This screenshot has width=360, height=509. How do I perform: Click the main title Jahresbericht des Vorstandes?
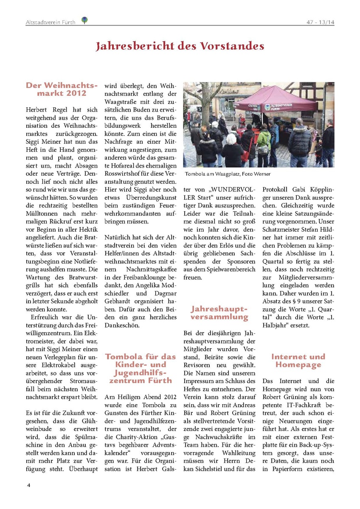pyautogui.click(x=180, y=46)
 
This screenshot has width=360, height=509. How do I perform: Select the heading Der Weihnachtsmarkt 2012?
pyautogui.click(x=62, y=89)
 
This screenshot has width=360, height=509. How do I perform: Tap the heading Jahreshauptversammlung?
pyautogui.click(x=219, y=313)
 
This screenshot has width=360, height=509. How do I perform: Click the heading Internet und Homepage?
pyautogui.click(x=298, y=361)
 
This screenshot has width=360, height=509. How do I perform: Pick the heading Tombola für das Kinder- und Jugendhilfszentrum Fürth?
pyautogui.click(x=141, y=368)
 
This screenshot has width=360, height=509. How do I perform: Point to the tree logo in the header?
pyautogui.click(x=85, y=20)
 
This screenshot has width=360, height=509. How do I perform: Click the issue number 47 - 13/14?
pyautogui.click(x=321, y=22)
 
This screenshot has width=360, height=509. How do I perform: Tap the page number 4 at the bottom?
pyautogui.click(x=28, y=485)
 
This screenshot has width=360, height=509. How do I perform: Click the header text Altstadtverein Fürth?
pyautogui.click(x=51, y=22)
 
